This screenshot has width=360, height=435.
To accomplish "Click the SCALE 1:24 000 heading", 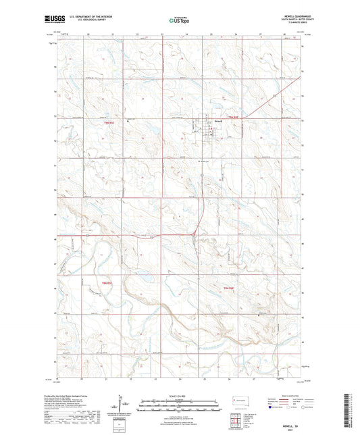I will click(180, 395).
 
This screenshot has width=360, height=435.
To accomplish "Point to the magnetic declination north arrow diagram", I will click(121, 407).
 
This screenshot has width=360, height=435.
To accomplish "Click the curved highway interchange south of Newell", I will click(195, 234).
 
